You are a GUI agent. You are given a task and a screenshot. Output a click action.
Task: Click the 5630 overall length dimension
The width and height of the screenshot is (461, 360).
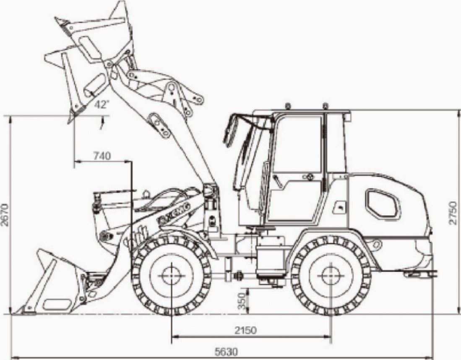pos(226,352)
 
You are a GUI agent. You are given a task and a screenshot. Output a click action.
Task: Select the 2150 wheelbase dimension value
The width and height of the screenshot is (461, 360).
pos(245,330)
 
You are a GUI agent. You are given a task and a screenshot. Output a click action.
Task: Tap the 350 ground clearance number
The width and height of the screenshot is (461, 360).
pos(242,301)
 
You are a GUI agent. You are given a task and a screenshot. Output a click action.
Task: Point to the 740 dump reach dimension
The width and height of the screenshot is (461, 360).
pos(102,156)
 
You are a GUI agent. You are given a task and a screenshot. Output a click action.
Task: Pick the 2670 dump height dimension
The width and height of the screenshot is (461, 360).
pos(5,214)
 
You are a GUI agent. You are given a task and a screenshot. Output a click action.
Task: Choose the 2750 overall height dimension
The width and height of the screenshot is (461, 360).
pos(453,213)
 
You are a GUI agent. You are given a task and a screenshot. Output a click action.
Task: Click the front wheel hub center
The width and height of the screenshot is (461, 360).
pos(171,276)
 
